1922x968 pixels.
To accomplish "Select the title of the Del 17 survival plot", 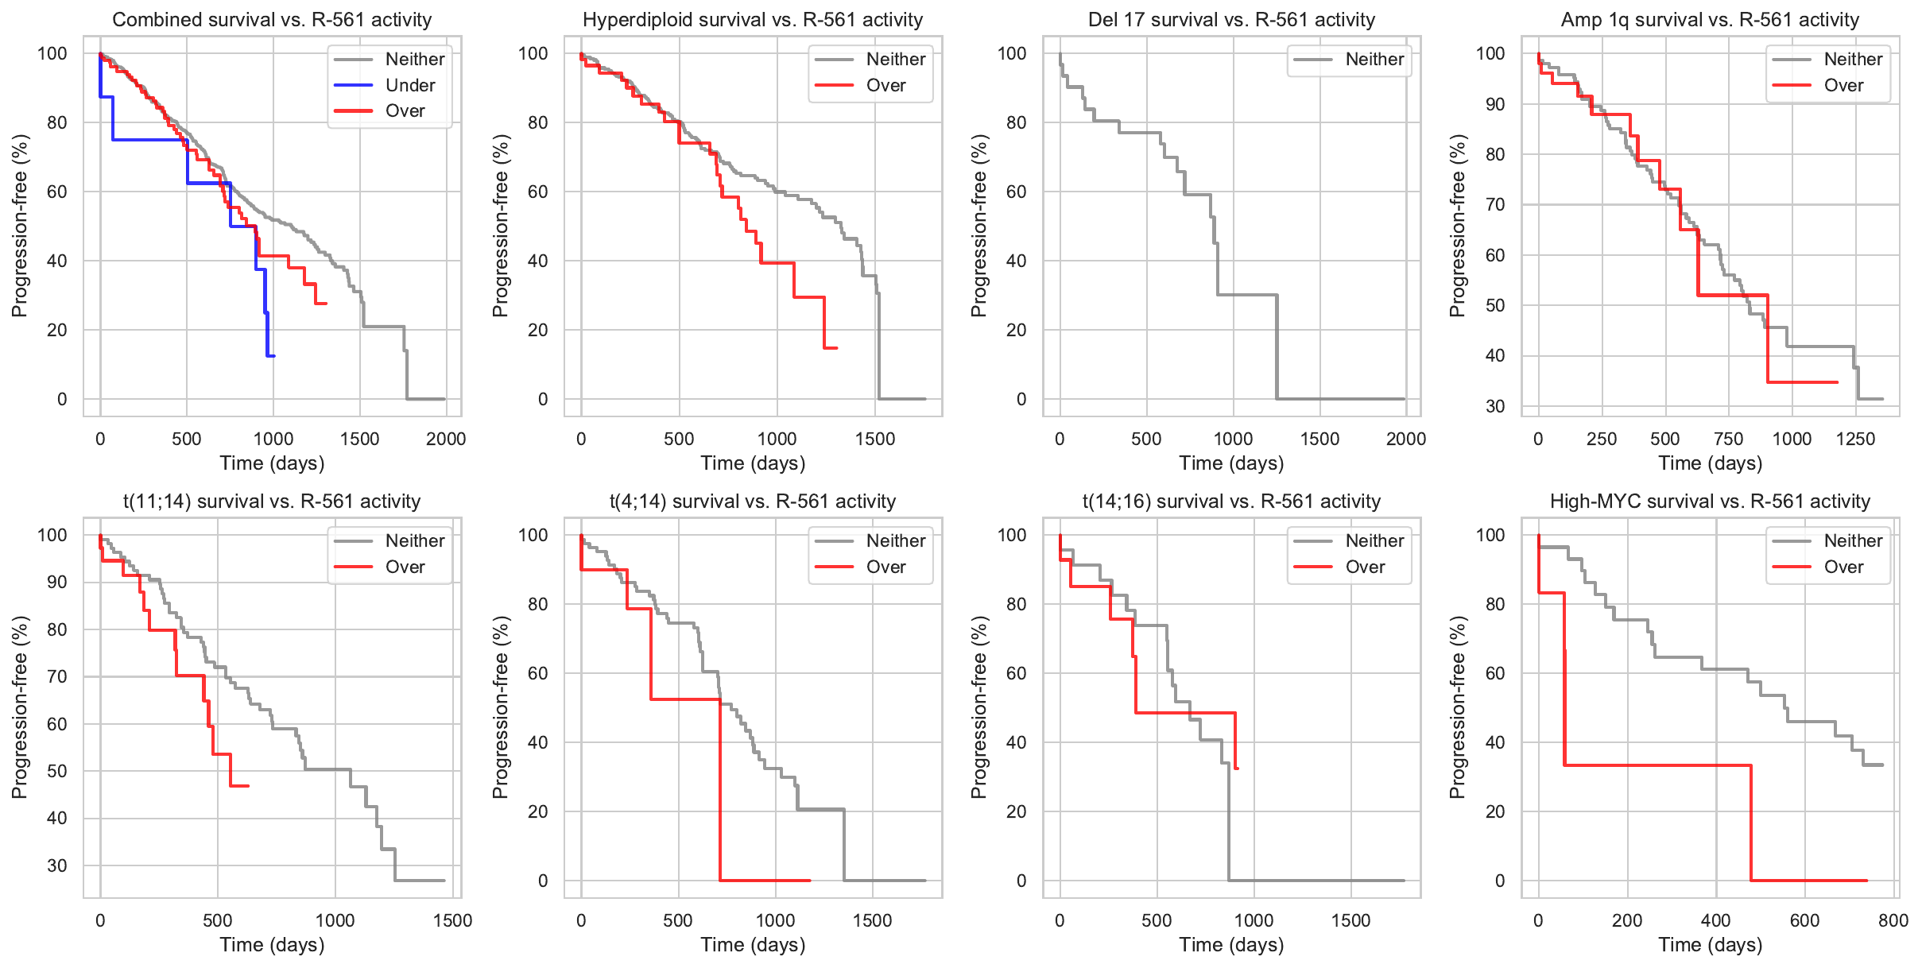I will [x=1231, y=20].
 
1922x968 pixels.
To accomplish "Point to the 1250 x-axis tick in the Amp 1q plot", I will [x=1855, y=439].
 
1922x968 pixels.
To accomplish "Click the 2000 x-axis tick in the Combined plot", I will [x=446, y=439].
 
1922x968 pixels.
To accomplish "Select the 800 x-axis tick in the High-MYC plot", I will [x=1893, y=920].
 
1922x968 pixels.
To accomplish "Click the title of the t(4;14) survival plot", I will [x=752, y=501].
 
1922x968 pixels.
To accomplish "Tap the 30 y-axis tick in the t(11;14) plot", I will [x=57, y=865].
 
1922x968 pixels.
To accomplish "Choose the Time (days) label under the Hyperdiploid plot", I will [x=753, y=463].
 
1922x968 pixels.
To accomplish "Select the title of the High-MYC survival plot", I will [x=1710, y=501].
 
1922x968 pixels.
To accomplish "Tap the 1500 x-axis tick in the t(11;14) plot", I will [x=452, y=920].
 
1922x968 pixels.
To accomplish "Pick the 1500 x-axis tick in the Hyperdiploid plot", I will [x=875, y=439].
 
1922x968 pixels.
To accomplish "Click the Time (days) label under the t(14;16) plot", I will [x=1231, y=945].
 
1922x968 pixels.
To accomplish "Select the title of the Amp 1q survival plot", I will [x=1710, y=20].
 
